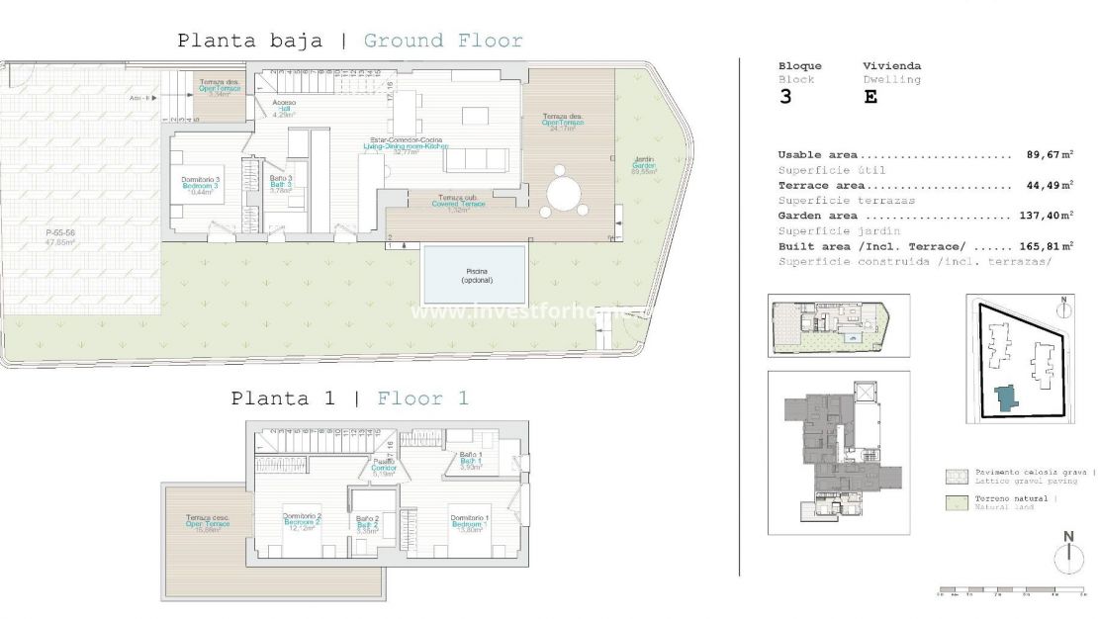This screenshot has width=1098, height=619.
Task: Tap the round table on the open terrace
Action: [565, 192]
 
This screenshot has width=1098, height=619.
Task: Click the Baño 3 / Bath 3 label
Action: [281, 183]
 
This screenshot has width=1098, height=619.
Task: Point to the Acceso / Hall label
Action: [285, 107]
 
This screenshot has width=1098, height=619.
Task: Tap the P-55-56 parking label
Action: [60, 236]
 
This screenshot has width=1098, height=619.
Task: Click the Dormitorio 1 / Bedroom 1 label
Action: [469, 522]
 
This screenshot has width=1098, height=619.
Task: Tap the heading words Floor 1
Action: [422, 398]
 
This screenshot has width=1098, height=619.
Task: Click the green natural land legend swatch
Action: [955, 501]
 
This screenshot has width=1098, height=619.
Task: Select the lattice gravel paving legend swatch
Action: [955, 476]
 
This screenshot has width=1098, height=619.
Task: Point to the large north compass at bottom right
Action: [1067, 558]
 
